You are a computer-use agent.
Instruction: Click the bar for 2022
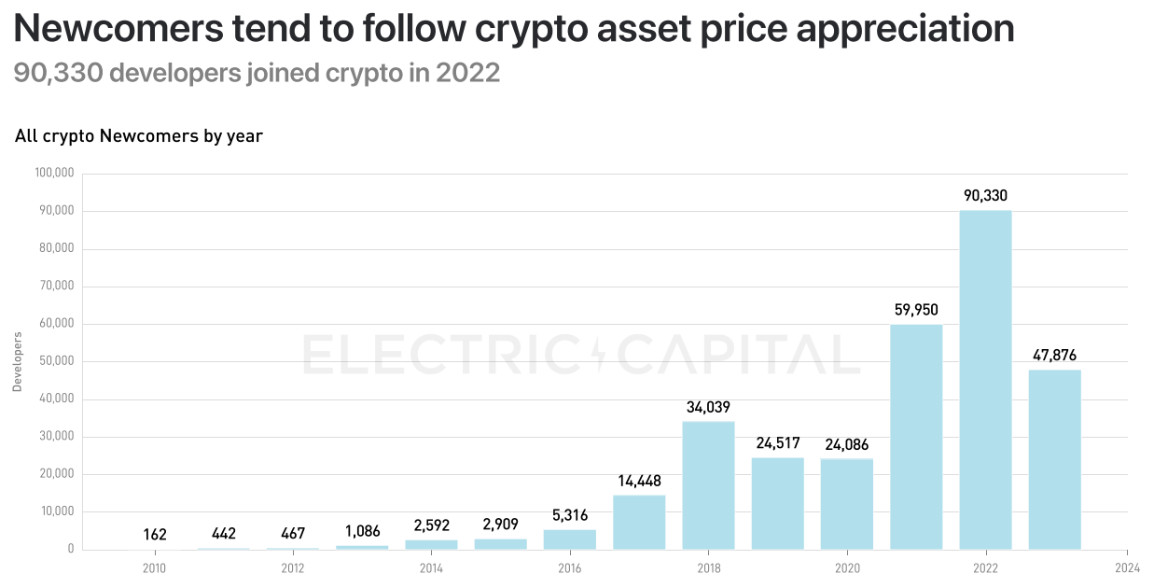(985, 380)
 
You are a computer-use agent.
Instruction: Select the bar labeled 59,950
(916, 437)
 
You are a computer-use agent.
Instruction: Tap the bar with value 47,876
(1054, 459)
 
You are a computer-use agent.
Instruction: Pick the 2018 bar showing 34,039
(708, 485)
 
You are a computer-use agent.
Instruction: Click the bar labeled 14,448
(639, 522)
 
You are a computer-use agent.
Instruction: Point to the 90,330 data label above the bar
(985, 196)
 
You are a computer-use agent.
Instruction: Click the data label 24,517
(777, 443)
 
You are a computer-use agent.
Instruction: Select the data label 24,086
(846, 444)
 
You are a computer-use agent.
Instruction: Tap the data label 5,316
(570, 515)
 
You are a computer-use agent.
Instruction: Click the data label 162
(155, 535)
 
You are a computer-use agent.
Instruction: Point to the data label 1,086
(362, 531)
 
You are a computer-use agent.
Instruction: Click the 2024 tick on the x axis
(1127, 567)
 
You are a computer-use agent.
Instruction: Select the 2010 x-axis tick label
(155, 567)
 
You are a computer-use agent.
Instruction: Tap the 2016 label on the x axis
(570, 567)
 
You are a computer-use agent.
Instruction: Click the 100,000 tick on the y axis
(54, 174)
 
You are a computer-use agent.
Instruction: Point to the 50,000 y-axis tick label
(56, 362)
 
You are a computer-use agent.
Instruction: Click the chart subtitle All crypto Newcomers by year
(139, 136)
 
